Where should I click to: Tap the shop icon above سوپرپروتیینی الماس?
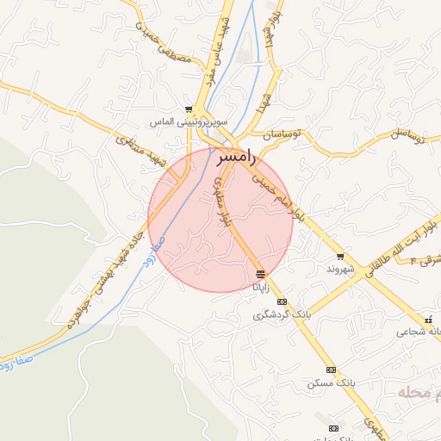[x=189, y=109]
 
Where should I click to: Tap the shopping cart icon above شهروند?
[x=342, y=256]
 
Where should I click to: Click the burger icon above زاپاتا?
[x=261, y=274]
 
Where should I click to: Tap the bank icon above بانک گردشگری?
[x=282, y=302]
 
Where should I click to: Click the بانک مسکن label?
[x=330, y=382]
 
